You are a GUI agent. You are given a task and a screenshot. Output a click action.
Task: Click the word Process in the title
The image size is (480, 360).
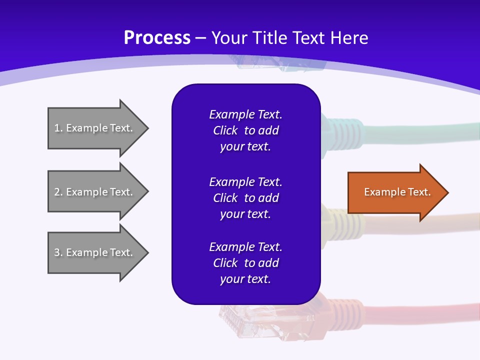point(157,37)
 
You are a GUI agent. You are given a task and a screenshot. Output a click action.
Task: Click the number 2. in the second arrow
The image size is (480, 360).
point(58,192)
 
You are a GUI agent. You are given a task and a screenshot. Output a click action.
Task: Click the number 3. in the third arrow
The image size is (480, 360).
point(58,252)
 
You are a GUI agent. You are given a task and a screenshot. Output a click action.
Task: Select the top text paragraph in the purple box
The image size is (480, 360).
point(245,130)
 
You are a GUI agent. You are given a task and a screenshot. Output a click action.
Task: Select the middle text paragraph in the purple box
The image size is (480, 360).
point(245,197)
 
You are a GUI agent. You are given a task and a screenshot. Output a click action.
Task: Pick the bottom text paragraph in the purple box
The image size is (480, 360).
point(245,263)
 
